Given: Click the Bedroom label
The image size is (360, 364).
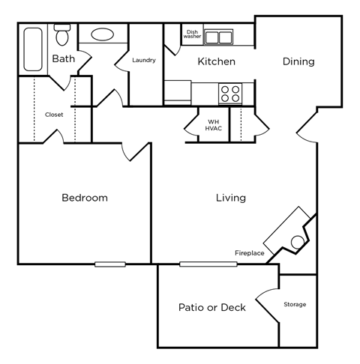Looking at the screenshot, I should click(x=84, y=198).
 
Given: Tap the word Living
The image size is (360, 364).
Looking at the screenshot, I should click(x=230, y=198).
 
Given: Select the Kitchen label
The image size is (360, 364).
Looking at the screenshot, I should click(x=216, y=62).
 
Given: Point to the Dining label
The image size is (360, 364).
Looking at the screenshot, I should click(x=298, y=62).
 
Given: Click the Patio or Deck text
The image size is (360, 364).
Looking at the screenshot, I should click(x=212, y=307).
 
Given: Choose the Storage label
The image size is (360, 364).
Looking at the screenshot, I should click(x=295, y=305).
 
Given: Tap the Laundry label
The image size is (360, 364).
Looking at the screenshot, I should click(x=143, y=61).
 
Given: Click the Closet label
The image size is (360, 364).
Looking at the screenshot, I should click(x=54, y=115).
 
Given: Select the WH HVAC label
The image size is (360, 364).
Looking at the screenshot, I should click(x=213, y=124).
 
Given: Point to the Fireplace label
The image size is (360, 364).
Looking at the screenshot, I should click(x=249, y=253).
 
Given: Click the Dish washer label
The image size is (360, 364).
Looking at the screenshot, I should click(x=192, y=34).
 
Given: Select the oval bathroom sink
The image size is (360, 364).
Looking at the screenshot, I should click(x=103, y=34).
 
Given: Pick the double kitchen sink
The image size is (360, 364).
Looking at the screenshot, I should click(x=218, y=37).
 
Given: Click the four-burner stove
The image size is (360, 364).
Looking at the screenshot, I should click(x=229, y=93).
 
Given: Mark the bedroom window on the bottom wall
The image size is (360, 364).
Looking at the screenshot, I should click(x=109, y=264).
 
